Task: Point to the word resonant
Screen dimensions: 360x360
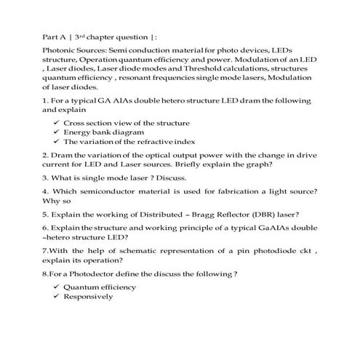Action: [x=140, y=76]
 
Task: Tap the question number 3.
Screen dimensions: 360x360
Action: [x=45, y=177]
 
